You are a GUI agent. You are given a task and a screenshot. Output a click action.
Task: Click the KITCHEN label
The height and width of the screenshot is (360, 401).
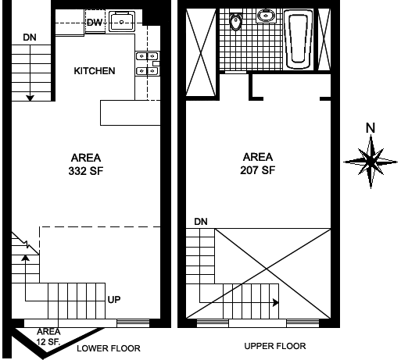point(95,71)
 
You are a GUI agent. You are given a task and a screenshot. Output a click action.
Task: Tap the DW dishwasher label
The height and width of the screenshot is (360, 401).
point(95,23)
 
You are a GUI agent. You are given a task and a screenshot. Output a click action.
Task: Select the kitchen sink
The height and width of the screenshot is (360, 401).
point(122,21)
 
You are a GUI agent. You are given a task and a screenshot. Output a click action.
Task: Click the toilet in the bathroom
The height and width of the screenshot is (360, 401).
point(236,22)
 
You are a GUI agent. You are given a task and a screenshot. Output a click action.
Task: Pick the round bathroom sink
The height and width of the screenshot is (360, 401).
point(266,16)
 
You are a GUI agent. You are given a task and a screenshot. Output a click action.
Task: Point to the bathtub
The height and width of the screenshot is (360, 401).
point(299,39)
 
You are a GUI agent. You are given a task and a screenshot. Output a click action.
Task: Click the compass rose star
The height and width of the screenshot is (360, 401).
point(371,162)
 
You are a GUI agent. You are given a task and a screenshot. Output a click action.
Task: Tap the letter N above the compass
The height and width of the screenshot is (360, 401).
point(371,128)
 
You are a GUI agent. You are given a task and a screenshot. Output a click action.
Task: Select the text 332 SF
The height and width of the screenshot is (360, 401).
point(86,171)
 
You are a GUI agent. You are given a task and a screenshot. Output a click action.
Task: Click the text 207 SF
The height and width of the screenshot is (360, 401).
point(258,170)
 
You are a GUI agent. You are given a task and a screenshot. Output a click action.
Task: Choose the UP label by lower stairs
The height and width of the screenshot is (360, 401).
point(114,300)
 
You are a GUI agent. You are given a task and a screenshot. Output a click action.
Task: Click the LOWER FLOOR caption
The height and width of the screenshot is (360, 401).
point(109,348)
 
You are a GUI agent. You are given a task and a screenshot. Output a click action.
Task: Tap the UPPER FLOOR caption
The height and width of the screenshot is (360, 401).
point(275,346)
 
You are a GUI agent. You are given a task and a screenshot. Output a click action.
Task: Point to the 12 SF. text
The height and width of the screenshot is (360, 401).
point(48,341)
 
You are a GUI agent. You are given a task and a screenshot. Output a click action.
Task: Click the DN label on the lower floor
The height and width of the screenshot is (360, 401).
point(30,37)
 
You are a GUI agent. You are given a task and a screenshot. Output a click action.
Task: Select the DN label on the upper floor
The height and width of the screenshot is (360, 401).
point(201,222)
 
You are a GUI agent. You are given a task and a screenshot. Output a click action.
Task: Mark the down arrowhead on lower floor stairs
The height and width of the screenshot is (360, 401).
point(30,98)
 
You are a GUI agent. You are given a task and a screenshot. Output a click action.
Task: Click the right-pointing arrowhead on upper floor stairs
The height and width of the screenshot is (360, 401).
point(276,302)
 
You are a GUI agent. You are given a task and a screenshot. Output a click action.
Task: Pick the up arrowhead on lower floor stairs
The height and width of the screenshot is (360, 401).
point(25,257)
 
